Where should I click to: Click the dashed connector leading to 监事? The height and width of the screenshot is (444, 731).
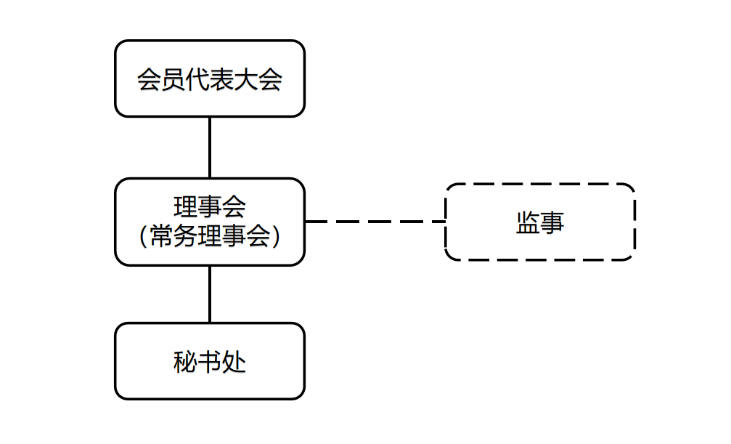click(374, 222)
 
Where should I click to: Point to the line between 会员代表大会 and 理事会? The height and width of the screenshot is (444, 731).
click(210, 147)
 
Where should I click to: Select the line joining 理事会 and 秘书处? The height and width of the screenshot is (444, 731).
click(210, 294)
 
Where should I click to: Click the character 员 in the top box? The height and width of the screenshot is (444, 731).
click(173, 79)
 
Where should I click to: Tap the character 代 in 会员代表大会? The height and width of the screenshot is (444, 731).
click(197, 79)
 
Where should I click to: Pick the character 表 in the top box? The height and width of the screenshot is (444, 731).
click(221, 79)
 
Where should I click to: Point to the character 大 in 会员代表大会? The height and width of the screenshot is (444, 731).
click(246, 79)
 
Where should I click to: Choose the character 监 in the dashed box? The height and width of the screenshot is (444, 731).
click(528, 222)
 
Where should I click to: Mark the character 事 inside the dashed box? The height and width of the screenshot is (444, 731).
click(552, 222)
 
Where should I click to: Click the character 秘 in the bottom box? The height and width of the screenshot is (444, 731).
click(185, 362)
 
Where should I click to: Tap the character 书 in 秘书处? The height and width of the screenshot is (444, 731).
click(210, 362)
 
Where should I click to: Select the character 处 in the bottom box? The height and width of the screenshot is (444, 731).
click(234, 362)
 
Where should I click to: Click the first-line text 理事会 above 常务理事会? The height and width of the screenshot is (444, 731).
click(210, 206)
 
